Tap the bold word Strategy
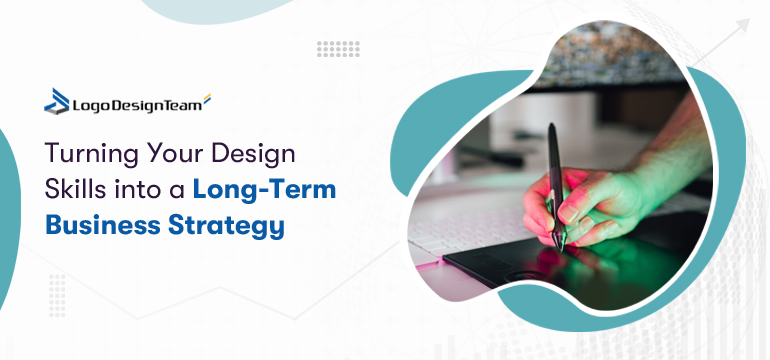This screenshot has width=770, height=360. coord(224,225)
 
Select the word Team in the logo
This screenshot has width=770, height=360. coord(181,102)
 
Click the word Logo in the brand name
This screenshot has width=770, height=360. coord(91,102)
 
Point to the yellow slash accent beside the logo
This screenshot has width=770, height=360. coord(207,98)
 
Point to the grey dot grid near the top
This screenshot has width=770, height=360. coord(338,48)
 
